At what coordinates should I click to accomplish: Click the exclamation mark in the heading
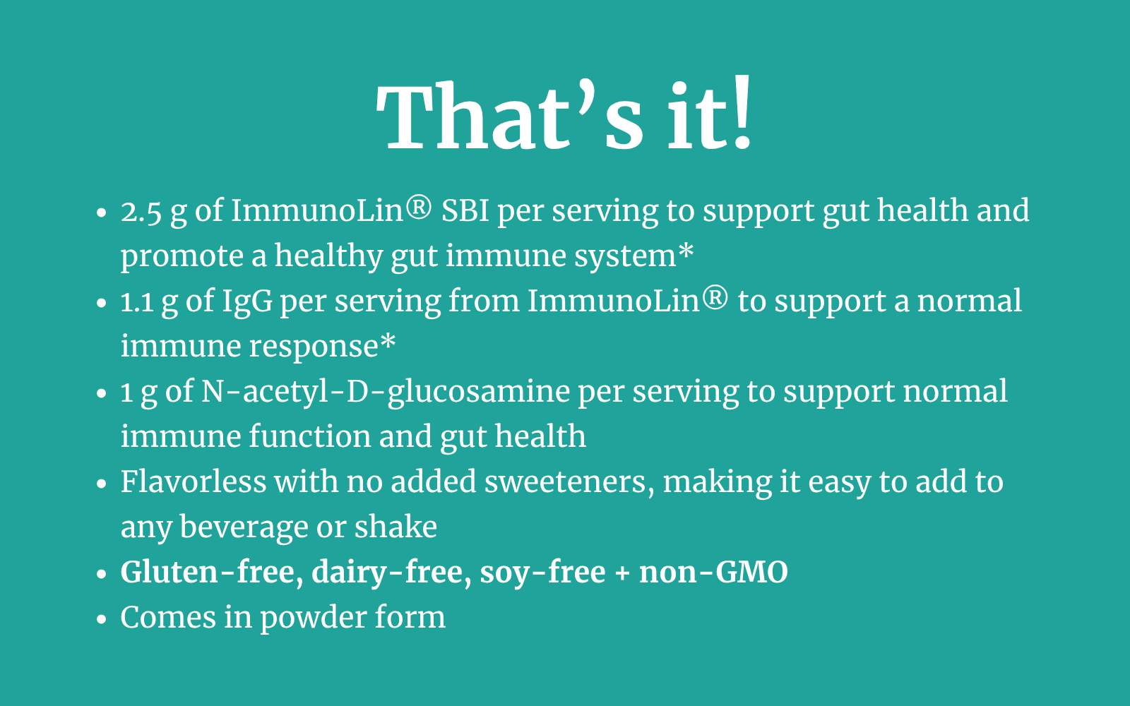click(x=742, y=112)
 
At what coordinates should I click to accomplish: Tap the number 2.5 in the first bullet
click(x=141, y=211)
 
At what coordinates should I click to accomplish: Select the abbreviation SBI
click(x=465, y=210)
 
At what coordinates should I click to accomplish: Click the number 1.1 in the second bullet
click(x=137, y=301)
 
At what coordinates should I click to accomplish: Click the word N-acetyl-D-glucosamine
click(x=386, y=393)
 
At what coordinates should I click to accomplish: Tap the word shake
click(x=395, y=527)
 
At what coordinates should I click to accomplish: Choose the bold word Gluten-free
click(x=212, y=573)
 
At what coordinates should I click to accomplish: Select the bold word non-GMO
click(x=713, y=572)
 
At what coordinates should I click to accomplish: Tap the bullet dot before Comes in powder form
click(x=102, y=619)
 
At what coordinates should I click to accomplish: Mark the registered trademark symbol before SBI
click(x=419, y=208)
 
